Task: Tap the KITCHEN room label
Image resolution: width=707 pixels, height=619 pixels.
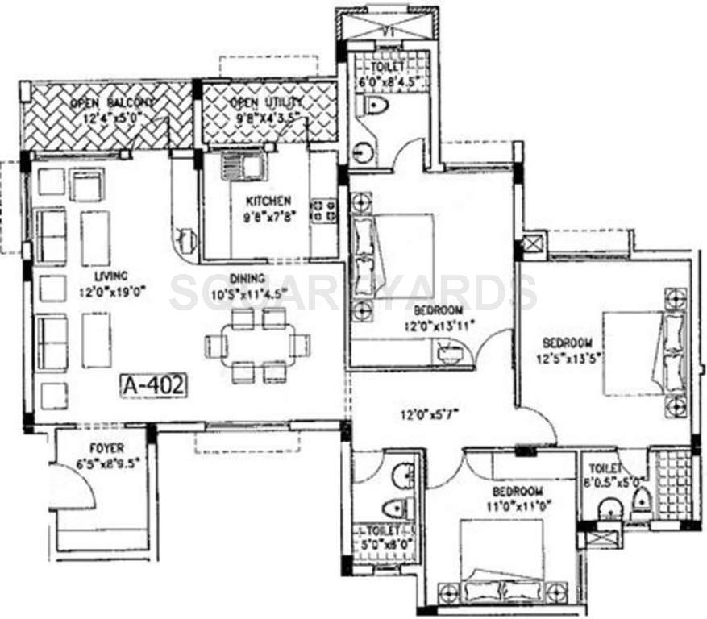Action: tap(269, 201)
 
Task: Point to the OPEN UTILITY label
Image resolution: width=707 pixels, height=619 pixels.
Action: tap(266, 103)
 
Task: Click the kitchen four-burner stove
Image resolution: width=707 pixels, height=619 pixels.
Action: tap(326, 211)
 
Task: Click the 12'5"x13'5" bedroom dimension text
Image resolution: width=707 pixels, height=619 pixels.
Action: tap(566, 356)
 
